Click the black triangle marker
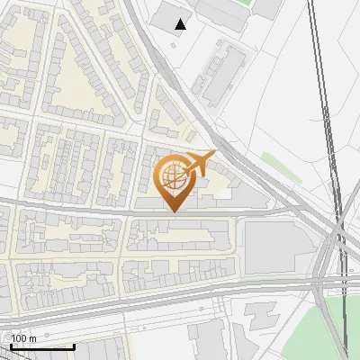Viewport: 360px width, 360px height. click(x=181, y=24)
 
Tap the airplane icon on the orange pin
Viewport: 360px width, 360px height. click(x=200, y=163)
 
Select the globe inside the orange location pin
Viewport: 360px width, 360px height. click(x=174, y=176)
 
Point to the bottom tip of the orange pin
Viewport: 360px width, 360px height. click(x=174, y=212)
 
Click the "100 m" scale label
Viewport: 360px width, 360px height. click(x=23, y=338)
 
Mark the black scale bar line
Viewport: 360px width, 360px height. click(x=41, y=346)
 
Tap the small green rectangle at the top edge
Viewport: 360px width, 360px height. click(x=268, y=7)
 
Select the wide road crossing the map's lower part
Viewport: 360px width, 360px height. click(x=180, y=286)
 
